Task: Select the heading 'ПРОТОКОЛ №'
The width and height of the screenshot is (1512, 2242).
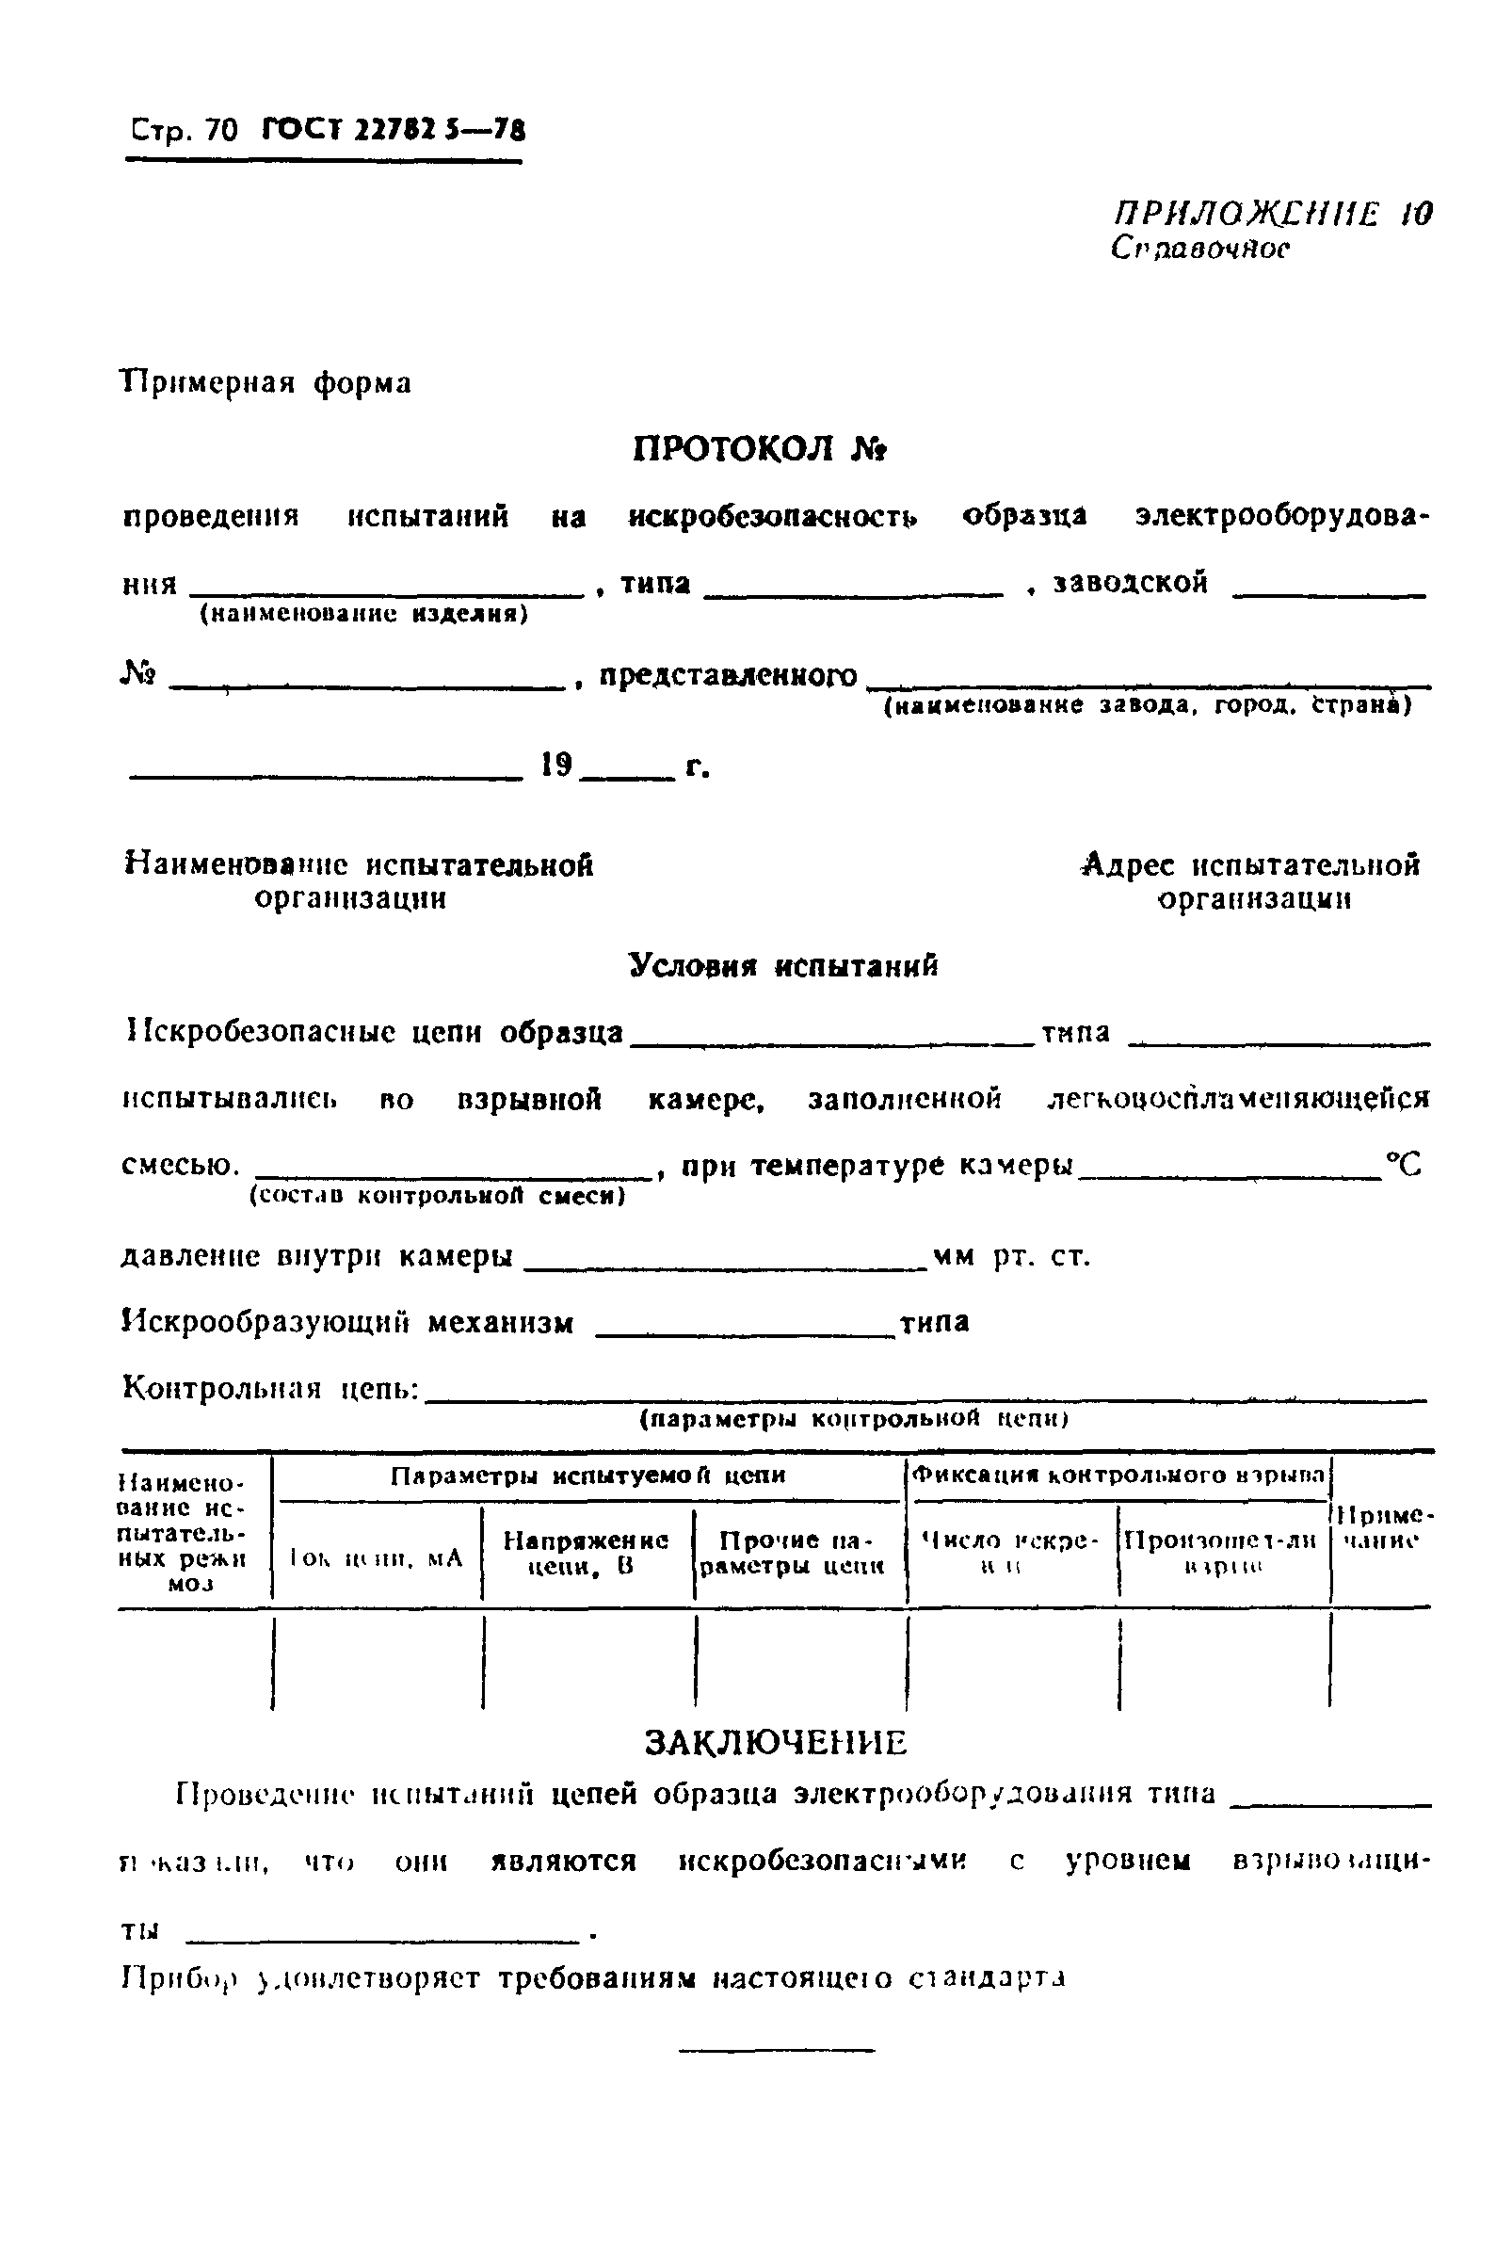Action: coord(759,449)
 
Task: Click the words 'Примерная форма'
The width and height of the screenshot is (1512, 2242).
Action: coord(266,383)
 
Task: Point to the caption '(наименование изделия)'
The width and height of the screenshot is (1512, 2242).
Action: coord(363,614)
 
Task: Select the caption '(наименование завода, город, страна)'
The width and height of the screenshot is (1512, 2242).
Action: coord(1148,706)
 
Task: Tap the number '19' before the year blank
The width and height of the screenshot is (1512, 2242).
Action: coord(556,766)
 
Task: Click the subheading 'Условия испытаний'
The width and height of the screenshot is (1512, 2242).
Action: coord(783,965)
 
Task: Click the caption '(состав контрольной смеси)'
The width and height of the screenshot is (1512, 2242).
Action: coord(437,1197)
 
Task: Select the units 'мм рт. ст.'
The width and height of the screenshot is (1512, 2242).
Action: coord(1011,1255)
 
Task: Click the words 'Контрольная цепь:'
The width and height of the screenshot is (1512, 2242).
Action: coord(271,1389)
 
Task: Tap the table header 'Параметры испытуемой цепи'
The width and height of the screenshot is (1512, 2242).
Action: coord(587,1476)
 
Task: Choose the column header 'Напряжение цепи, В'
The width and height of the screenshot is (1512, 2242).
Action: coord(587,1554)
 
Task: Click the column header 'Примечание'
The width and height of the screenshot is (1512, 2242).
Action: coord(1381,1528)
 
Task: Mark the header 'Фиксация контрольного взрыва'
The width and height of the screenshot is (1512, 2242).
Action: coord(1118,1475)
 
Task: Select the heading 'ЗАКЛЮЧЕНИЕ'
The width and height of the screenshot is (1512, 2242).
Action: coord(775,1743)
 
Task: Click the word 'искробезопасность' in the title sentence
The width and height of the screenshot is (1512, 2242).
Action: coord(771,517)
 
